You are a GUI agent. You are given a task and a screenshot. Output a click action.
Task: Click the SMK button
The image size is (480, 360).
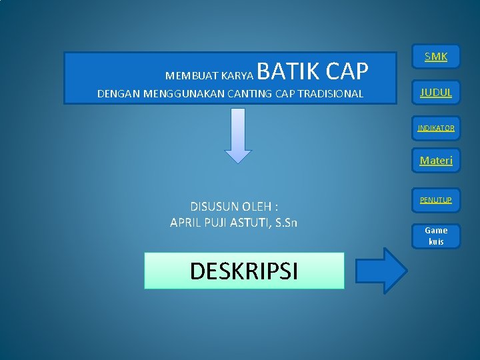point(436,57)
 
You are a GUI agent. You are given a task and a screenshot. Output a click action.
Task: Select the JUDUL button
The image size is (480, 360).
point(436,93)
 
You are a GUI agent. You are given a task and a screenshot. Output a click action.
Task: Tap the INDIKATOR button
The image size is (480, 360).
point(436,128)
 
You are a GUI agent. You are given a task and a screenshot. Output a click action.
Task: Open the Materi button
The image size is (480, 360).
point(436,160)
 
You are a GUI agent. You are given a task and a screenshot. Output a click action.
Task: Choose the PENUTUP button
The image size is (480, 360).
point(436,200)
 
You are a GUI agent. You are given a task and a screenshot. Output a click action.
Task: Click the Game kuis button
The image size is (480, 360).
point(436,235)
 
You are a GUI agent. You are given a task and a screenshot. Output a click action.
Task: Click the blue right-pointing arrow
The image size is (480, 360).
point(381,270)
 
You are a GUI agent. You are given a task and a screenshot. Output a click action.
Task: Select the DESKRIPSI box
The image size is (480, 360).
point(244,271)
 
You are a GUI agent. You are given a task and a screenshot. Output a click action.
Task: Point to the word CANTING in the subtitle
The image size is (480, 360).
point(249,94)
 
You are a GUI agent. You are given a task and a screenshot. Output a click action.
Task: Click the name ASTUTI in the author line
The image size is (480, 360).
point(249,222)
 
